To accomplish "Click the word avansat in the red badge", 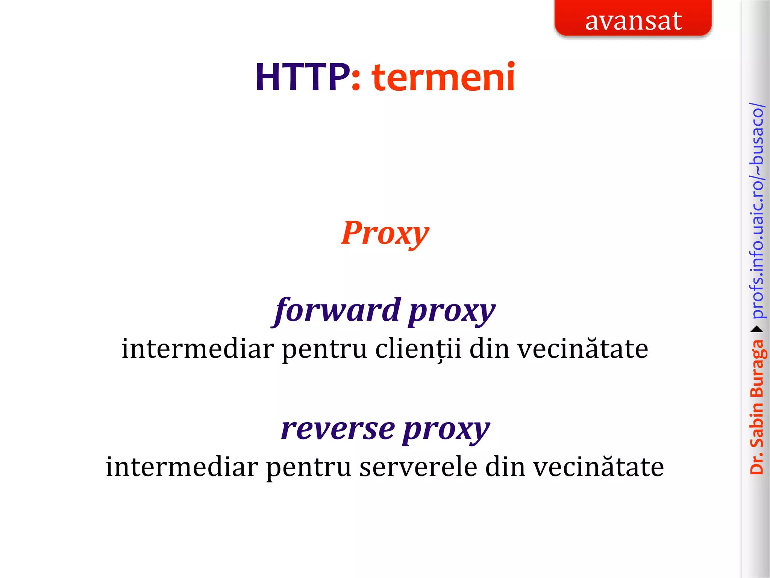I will click(x=633, y=21).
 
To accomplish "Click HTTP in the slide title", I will click(x=302, y=78).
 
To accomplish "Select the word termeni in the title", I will click(x=443, y=78).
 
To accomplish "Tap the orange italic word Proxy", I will click(x=385, y=233).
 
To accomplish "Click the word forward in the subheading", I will click(x=337, y=311).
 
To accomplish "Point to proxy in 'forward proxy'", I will click(x=452, y=312).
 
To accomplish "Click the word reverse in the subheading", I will click(x=338, y=429).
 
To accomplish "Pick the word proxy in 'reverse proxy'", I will click(x=446, y=430).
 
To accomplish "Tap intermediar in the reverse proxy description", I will click(x=182, y=467).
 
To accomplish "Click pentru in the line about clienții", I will click(x=324, y=350).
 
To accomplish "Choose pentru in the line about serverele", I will click(x=308, y=468).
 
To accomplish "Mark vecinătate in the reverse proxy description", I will click(x=599, y=467).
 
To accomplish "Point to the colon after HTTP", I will click(x=356, y=79).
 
